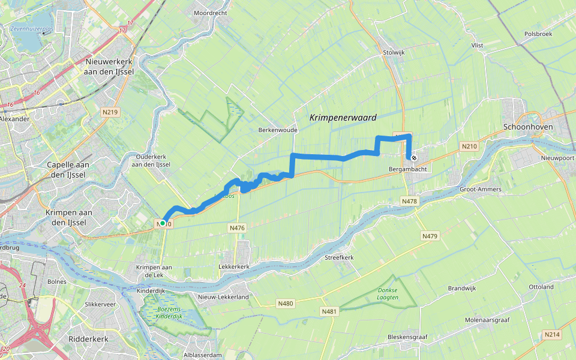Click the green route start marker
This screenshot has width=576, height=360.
(x=163, y=223)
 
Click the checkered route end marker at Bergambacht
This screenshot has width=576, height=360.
(x=413, y=158)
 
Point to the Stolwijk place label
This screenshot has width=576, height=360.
(x=394, y=53)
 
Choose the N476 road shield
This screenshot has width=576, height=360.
(x=237, y=228)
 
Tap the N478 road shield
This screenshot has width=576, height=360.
(x=410, y=201)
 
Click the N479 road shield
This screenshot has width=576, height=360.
(x=430, y=236)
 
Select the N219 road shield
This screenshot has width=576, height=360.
(x=109, y=112)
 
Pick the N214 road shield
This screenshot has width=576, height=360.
(x=551, y=334)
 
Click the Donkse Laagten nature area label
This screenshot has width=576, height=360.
(x=388, y=294)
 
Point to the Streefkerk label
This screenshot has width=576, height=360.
(x=339, y=257)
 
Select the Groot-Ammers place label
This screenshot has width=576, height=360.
(x=480, y=189)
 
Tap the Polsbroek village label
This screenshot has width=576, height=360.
(x=538, y=34)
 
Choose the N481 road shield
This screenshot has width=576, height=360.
(x=329, y=311)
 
